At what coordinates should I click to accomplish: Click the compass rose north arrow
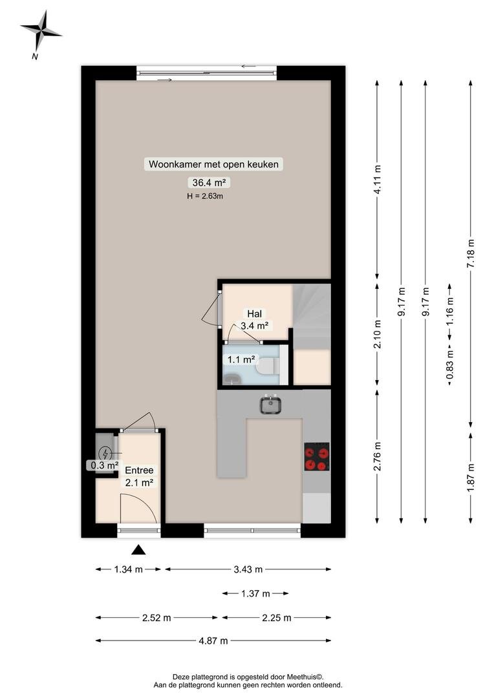41,31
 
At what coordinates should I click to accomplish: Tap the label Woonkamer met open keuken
213,164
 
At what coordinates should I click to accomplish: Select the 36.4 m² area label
208,182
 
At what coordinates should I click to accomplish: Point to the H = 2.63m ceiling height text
205,196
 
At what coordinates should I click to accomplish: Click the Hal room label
254,314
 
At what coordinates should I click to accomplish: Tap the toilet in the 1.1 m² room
268,366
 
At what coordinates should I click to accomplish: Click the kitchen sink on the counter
270,405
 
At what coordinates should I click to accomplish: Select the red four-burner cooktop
317,457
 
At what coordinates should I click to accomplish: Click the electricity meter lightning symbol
105,453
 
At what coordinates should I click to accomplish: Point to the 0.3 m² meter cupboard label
105,465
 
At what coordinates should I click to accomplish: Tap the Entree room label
139,470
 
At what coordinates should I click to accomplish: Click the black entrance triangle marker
138,550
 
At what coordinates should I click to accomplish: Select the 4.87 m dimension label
213,640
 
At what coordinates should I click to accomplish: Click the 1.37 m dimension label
255,593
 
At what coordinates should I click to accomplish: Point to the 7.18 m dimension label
471,254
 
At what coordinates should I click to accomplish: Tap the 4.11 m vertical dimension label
378,180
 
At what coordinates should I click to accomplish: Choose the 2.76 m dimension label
378,457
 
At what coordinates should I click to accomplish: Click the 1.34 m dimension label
128,569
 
